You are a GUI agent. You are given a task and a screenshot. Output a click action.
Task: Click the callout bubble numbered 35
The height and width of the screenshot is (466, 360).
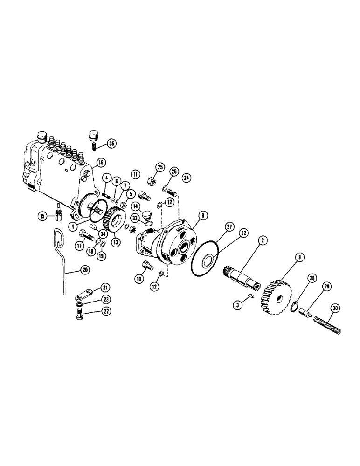click(111, 143)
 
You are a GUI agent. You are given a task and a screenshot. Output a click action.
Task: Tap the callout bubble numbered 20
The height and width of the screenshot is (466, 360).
click(84, 269)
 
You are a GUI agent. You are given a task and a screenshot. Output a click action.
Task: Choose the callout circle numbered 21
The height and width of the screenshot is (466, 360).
click(106, 287)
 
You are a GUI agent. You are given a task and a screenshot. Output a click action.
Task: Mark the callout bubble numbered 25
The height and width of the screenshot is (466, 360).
click(160, 167)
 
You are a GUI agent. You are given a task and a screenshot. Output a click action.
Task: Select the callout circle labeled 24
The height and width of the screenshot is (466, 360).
click(186, 177)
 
